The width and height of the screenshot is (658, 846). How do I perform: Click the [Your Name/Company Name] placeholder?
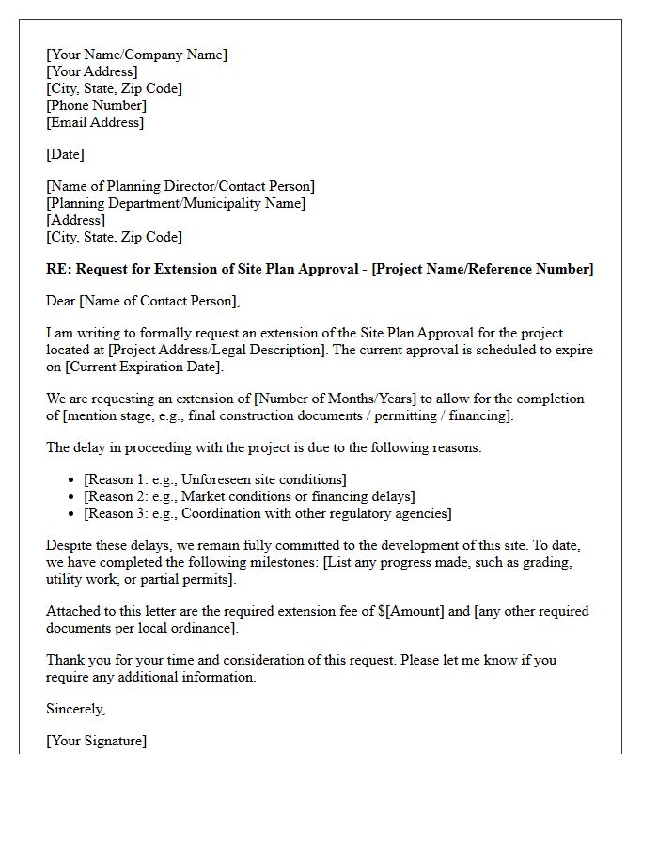pyautogui.click(x=136, y=55)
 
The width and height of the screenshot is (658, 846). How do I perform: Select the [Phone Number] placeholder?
pyautogui.click(x=96, y=105)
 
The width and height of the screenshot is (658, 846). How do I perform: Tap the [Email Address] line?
pyautogui.click(x=95, y=122)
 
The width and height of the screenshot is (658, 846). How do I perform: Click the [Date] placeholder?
pyautogui.click(x=65, y=154)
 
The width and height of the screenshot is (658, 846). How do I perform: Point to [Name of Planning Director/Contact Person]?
pyautogui.click(x=180, y=186)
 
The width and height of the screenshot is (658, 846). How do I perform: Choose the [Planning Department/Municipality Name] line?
pyautogui.click(x=176, y=203)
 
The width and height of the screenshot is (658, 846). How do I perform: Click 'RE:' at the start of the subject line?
pyautogui.click(x=58, y=269)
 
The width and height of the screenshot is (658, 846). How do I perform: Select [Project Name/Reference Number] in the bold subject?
pyautogui.click(x=483, y=269)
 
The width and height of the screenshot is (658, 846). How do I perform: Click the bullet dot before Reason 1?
pyautogui.click(x=72, y=480)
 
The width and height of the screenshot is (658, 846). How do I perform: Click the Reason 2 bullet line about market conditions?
pyautogui.click(x=249, y=496)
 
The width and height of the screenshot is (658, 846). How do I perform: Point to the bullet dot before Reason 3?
pyautogui.click(x=72, y=514)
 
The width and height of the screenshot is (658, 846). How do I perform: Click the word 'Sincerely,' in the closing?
pyautogui.click(x=75, y=709)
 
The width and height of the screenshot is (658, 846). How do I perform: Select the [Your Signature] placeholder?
pyautogui.click(x=96, y=741)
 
